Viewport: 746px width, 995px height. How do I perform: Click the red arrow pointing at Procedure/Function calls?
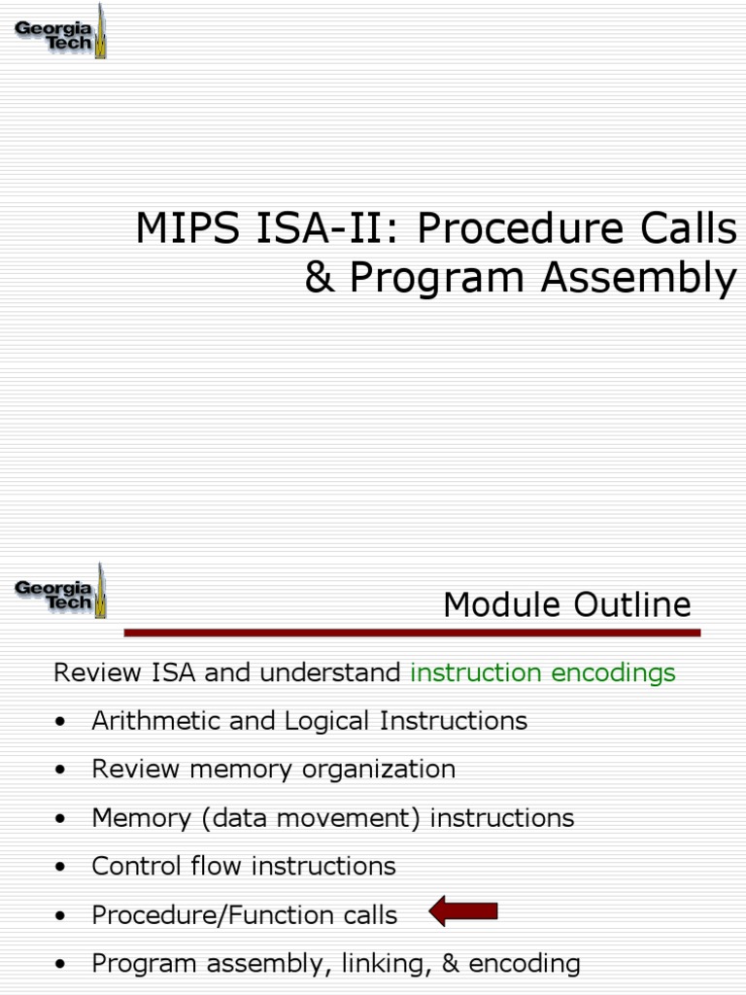click(x=463, y=911)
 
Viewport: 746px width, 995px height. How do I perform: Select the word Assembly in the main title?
click(x=638, y=278)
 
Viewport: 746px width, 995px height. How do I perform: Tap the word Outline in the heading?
click(x=631, y=605)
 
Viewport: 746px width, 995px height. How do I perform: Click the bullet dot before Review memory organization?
click(x=62, y=771)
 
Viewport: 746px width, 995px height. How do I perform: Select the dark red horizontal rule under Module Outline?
click(x=412, y=633)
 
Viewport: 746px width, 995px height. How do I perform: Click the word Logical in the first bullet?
click(x=328, y=721)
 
